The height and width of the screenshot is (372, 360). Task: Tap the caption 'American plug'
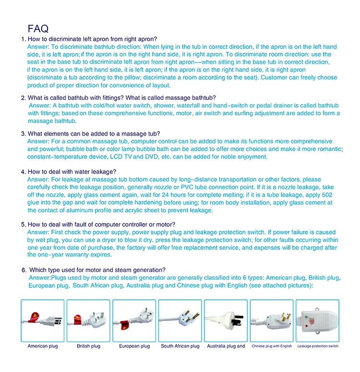tap(43, 346)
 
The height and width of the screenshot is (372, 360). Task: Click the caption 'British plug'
tap(88, 346)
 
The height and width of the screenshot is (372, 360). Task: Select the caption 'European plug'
tap(134, 346)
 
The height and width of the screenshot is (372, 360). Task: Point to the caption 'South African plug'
tap(180, 346)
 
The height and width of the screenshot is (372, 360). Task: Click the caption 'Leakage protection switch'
tap(318, 346)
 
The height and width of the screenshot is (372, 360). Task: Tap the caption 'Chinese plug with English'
tap(272, 346)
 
